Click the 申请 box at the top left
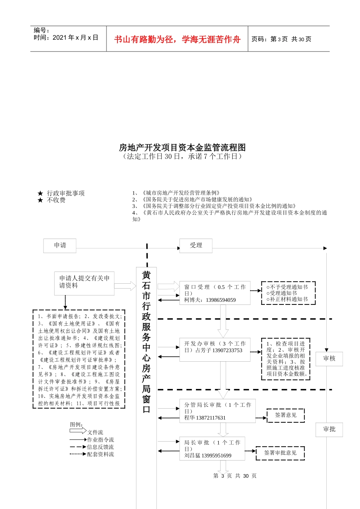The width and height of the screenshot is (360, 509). coord(60,245)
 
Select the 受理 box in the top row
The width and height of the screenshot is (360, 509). coord(196,245)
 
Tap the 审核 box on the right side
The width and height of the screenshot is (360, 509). coord(329,358)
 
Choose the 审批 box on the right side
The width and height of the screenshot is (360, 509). coord(329,429)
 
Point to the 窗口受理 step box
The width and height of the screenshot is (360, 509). coord(214,293)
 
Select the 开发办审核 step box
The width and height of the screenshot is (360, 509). coord(214,347)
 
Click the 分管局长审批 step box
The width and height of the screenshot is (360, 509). coord(217,411)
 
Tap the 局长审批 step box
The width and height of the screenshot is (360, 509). coord(212,449)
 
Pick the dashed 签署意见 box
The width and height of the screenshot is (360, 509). coord(286,415)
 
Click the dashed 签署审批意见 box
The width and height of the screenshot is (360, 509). coord(280,453)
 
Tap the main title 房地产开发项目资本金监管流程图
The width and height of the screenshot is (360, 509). coord(182,147)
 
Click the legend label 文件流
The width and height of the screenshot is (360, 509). coord(95,432)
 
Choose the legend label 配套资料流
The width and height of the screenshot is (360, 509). coord(100,454)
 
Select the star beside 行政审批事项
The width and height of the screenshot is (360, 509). coord(40,194)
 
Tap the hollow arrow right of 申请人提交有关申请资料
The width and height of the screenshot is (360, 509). coord(125,286)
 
